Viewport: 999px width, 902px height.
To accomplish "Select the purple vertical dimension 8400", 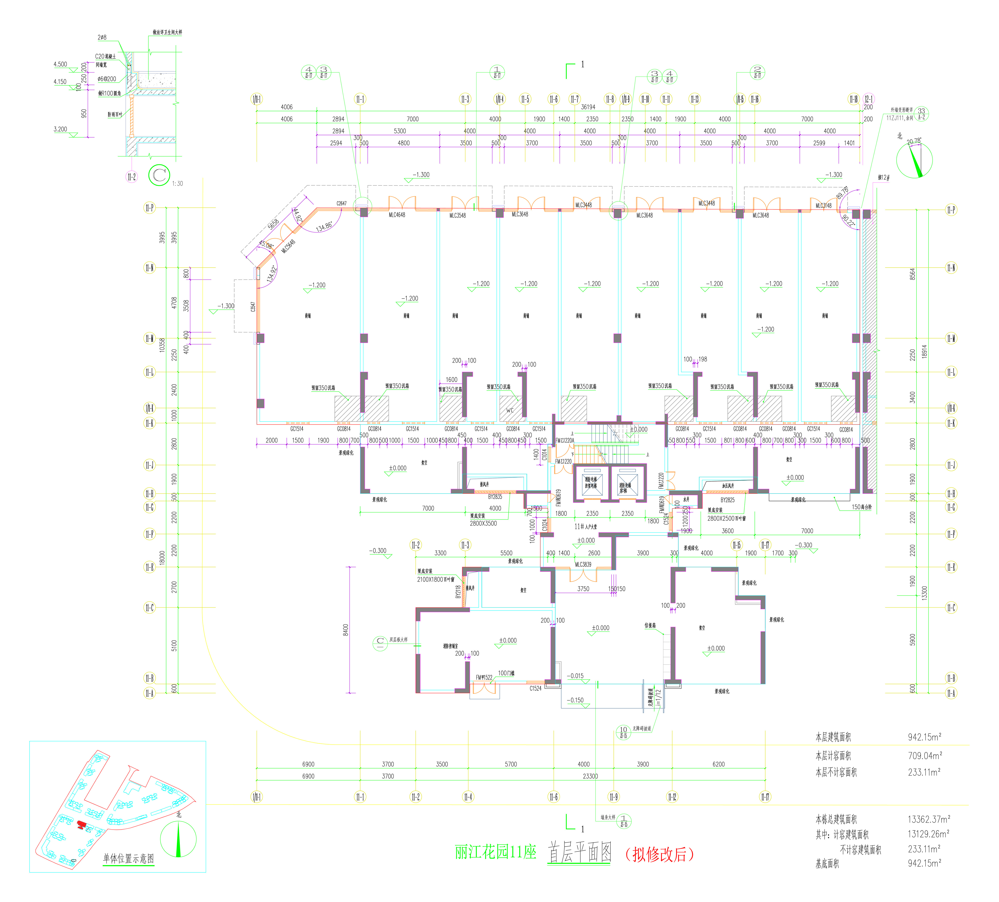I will click(345, 629).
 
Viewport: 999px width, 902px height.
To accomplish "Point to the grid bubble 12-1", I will click(868, 99).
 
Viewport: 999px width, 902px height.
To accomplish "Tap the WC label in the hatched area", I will click(510, 410).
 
